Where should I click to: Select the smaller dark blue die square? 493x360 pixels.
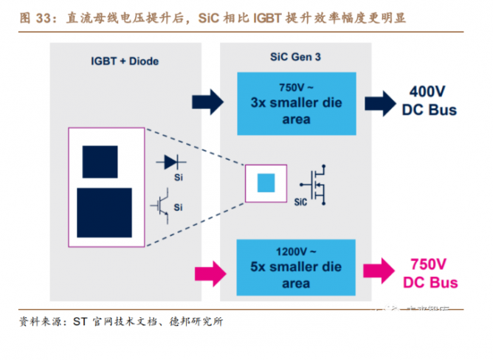(x=100, y=159)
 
